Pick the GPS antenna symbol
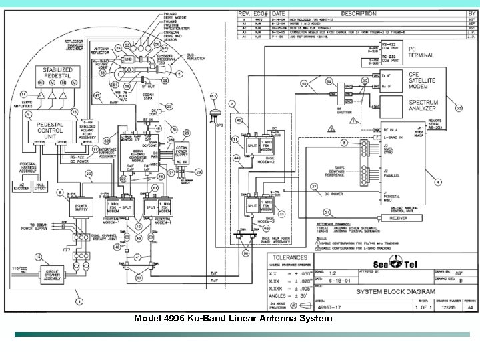[214, 115]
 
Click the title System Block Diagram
[395, 291]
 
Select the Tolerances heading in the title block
[287, 257]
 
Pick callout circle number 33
[458, 108]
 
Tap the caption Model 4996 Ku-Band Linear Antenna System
[233, 319]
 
